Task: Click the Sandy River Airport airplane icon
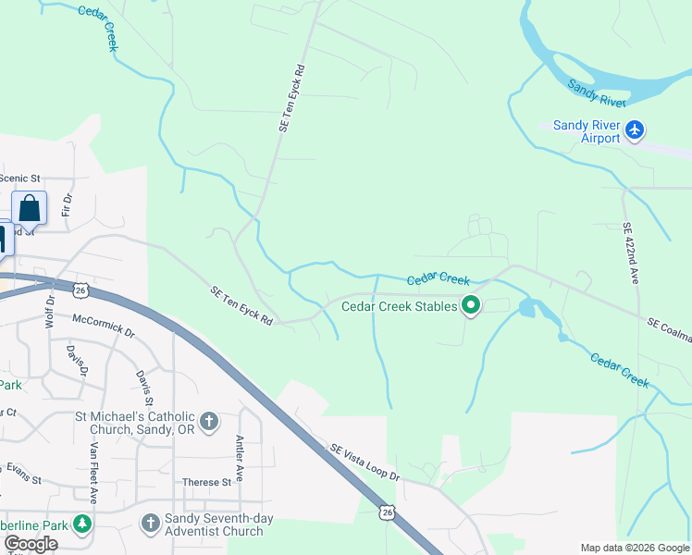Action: [x=635, y=129]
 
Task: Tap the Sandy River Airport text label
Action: [x=587, y=131]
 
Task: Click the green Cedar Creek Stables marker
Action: [x=471, y=305]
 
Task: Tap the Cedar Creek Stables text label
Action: [x=400, y=306]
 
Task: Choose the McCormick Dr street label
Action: [x=103, y=325]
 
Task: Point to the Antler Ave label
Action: [x=240, y=451]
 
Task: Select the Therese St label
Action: [x=206, y=482]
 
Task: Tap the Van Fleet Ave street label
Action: [x=93, y=470]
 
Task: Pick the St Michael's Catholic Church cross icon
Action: [x=209, y=422]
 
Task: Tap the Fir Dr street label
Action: [x=67, y=204]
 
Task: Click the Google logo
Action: [x=31, y=544]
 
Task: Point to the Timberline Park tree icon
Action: [x=83, y=524]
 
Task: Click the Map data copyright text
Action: [x=636, y=549]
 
